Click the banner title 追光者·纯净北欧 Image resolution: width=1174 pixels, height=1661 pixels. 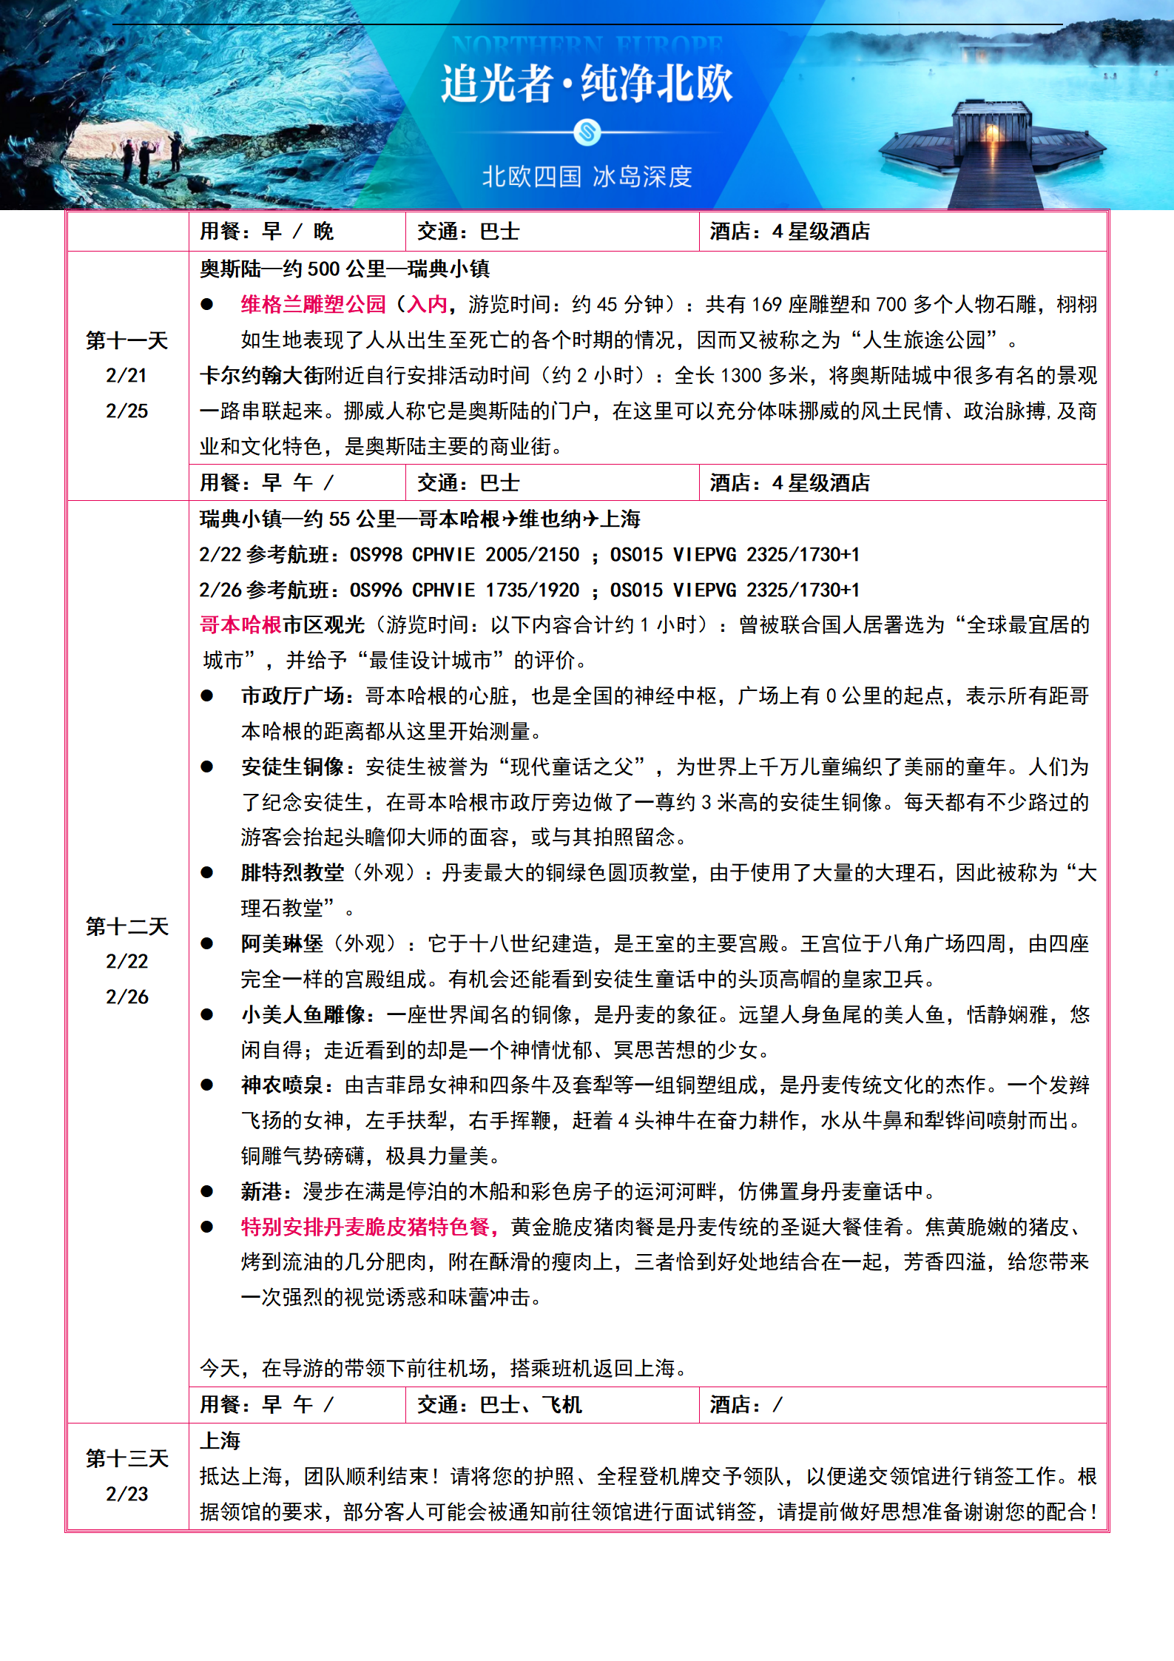coord(587,83)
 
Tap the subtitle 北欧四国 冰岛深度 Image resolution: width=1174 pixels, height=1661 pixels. coord(587,177)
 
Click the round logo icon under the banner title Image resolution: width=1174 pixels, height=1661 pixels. coord(587,133)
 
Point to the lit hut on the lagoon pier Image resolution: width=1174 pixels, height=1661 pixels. coord(991,127)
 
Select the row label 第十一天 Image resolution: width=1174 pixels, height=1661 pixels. coord(127,341)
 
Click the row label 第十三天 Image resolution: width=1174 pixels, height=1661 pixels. coord(127,1458)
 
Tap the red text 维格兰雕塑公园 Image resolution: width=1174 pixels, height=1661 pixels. coord(314,304)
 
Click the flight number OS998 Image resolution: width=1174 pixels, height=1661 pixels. coord(376,555)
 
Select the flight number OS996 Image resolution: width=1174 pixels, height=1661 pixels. coord(376,590)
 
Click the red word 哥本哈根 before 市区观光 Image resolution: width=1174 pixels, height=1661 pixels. coord(240,625)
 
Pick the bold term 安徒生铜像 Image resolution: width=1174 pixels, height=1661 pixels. coord(292,767)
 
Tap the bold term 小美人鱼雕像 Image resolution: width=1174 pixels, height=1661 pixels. coord(303,1014)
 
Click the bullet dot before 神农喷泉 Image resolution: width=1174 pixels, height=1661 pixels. coord(207,1085)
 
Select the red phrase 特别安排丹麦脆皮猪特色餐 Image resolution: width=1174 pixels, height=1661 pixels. coord(365,1227)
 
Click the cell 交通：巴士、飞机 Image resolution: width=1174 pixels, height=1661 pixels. coord(499,1404)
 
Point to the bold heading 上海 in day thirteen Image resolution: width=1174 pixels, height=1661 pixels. coord(220,1441)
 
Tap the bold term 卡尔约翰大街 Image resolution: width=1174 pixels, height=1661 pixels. coord(261,376)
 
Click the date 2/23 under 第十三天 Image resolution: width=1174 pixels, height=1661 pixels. coord(127,1494)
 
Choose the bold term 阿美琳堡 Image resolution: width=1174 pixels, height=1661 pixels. coord(282,943)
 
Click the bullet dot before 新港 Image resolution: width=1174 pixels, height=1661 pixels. coord(207,1192)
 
